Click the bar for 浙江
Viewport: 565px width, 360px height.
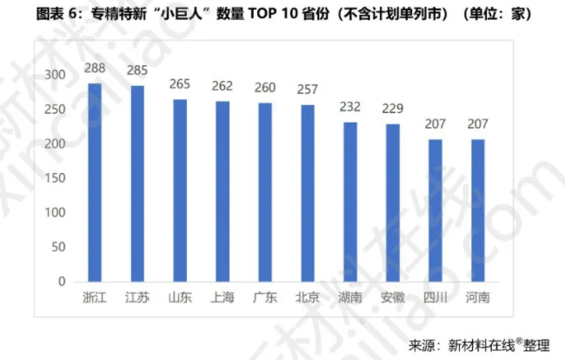click(95, 183)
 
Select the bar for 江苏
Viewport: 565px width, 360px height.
click(137, 183)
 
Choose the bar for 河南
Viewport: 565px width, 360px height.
click(477, 210)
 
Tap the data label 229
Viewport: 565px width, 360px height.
click(393, 108)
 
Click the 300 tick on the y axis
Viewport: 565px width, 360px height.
click(56, 76)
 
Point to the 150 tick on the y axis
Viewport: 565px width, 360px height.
click(56, 178)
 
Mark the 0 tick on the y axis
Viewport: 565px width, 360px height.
click(62, 282)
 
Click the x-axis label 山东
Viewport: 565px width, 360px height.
click(180, 297)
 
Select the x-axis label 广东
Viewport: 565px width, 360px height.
click(265, 297)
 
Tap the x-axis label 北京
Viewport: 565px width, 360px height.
click(308, 297)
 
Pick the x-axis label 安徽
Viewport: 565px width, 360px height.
click(393, 297)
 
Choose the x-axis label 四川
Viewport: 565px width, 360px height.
click(435, 297)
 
